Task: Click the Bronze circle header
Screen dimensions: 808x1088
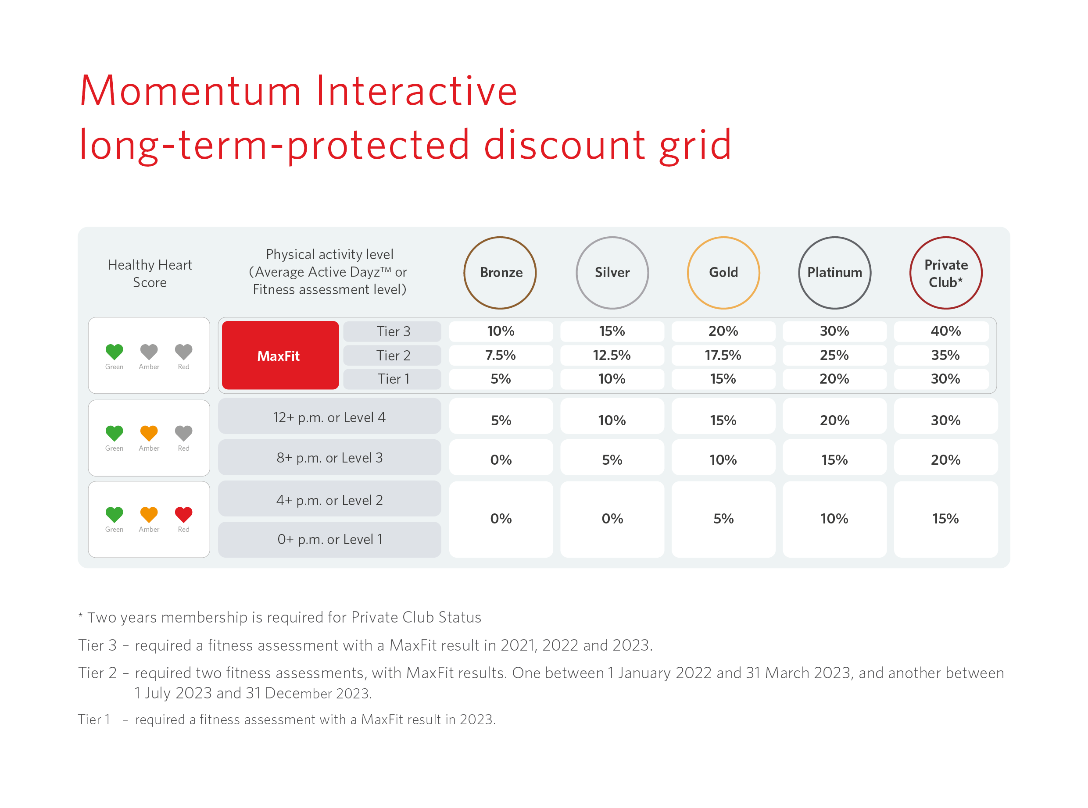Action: pos(500,272)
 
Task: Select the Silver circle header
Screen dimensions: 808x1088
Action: pos(612,272)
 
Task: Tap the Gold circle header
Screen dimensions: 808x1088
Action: pos(723,272)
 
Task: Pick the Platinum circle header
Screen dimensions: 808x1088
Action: pos(834,272)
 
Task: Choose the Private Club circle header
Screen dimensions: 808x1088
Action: pos(945,272)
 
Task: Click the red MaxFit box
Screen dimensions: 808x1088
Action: pos(280,355)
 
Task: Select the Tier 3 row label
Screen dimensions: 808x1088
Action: pos(393,331)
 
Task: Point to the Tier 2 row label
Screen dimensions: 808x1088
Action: pos(393,355)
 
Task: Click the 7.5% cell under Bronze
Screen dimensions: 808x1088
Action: pos(500,355)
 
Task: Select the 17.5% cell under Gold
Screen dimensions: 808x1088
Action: pos(723,355)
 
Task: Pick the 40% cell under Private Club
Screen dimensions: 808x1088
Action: pos(945,331)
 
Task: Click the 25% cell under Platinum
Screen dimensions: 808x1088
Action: pos(834,355)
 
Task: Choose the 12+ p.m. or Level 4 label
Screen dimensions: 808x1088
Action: pos(329,417)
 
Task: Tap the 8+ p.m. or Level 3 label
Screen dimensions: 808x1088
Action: pos(329,457)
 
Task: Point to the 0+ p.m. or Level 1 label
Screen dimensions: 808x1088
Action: pos(329,539)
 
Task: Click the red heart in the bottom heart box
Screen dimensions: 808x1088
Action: pos(183,514)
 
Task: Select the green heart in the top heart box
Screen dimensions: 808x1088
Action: pos(114,351)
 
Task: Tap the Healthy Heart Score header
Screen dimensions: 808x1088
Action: pos(150,274)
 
